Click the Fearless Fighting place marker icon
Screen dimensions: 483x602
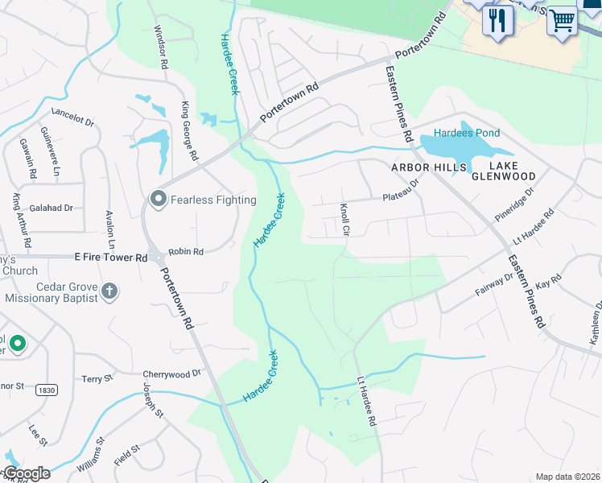coord(158,198)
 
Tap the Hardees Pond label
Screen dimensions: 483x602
coord(467,133)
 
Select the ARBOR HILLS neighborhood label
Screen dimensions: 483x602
coord(429,167)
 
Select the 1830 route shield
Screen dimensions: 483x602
coord(46,390)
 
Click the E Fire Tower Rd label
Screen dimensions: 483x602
coord(110,258)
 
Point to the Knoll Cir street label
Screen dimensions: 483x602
coord(345,218)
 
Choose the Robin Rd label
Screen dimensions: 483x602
coord(186,251)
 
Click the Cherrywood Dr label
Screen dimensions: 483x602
coord(171,374)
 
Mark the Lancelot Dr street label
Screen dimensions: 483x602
coord(72,117)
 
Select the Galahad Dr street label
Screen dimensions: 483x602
coord(52,208)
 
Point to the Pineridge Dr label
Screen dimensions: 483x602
coord(514,205)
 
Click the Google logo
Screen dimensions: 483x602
coord(27,473)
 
